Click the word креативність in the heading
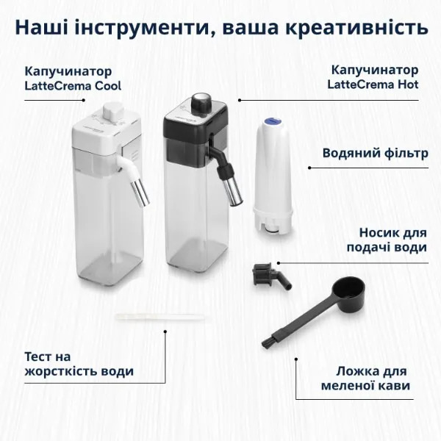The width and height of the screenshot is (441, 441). point(359,27)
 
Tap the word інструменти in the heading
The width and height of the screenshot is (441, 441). point(143,28)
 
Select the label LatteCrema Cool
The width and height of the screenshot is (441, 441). point(73,86)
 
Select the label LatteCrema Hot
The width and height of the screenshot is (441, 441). point(373,85)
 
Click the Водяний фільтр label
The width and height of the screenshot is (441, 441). point(375,154)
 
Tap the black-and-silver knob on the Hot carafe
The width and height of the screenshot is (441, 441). point(201,102)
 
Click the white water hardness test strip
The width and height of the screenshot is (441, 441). point(159,317)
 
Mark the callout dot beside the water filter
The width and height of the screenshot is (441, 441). point(309,168)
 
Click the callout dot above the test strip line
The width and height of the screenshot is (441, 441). point(165,331)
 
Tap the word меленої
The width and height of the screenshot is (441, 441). point(346,386)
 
